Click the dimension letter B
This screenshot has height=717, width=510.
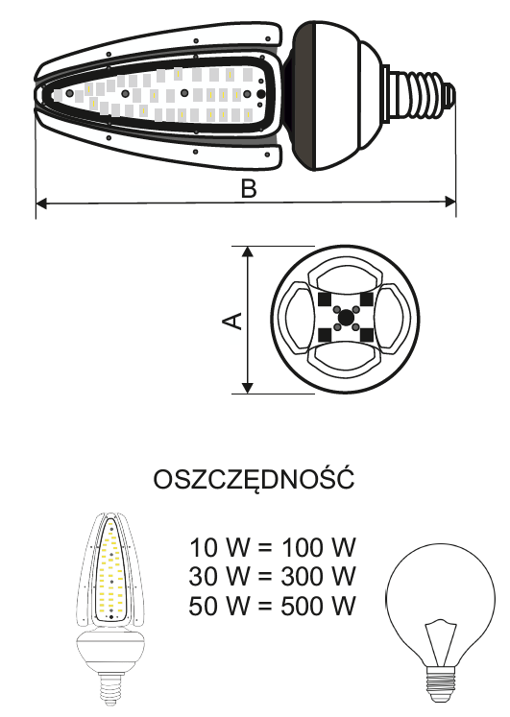pos(249,188)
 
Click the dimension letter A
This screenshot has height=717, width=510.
pos(232,321)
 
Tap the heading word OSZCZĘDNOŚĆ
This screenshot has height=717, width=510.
pos(254,478)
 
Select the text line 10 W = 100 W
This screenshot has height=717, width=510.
pos(272,547)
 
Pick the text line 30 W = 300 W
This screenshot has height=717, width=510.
pos(272,576)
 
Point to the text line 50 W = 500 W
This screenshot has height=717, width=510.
pos(272,605)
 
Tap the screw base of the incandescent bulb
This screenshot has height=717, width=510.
pos(441,683)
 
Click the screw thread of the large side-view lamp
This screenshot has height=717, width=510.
pos(420,95)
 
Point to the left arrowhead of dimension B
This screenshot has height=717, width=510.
pos(41,203)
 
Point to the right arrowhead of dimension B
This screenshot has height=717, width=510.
pos(450,202)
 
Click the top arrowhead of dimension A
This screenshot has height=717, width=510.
pos(248,251)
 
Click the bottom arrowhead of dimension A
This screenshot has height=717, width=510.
pos(248,387)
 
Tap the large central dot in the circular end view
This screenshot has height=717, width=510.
pos(346,317)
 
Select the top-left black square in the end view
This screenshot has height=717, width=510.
pos(325,299)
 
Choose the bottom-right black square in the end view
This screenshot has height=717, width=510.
pos(367,335)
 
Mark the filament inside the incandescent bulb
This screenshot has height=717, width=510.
pos(441,641)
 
